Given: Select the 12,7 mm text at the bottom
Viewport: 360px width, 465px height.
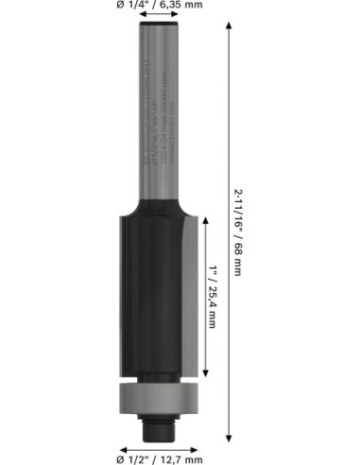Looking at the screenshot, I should click(x=181, y=459).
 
